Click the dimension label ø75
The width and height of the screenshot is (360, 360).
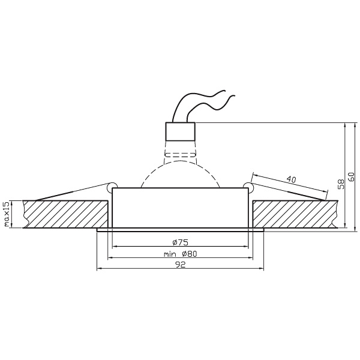(x=180, y=242)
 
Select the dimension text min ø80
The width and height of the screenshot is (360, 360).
(x=180, y=254)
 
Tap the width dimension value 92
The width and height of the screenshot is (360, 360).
(x=180, y=265)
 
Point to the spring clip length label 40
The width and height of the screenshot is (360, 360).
(x=292, y=179)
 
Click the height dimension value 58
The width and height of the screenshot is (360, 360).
(x=340, y=184)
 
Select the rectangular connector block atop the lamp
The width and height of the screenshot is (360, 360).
(x=180, y=131)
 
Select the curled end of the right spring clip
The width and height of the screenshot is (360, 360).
(x=248, y=184)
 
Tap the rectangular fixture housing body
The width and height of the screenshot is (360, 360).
(x=180, y=208)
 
